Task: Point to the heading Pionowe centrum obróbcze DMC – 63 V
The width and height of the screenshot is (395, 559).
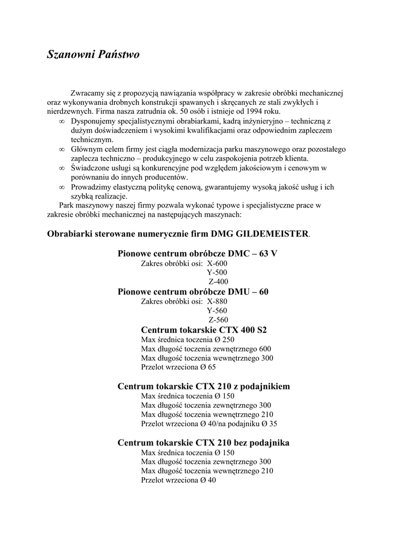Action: (197, 254)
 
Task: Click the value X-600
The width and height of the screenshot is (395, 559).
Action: (217, 263)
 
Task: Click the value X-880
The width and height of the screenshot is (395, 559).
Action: (217, 301)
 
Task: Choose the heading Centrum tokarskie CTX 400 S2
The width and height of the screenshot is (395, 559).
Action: (204, 330)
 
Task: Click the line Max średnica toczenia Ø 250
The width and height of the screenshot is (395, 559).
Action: (188, 340)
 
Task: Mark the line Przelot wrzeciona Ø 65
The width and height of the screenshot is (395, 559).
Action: (178, 367)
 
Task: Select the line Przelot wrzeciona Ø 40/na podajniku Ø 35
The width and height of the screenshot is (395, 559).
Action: (209, 424)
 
